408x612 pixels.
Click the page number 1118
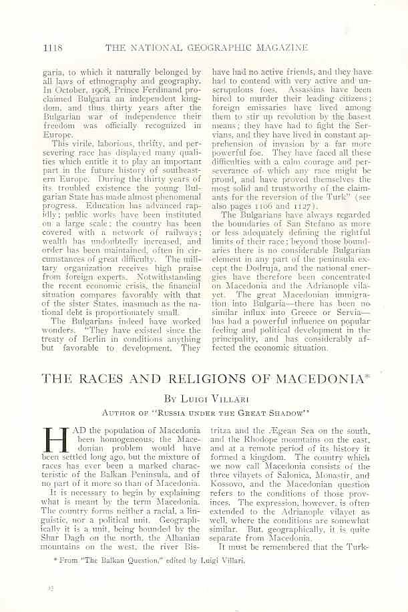53,47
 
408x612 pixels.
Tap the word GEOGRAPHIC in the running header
218,47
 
